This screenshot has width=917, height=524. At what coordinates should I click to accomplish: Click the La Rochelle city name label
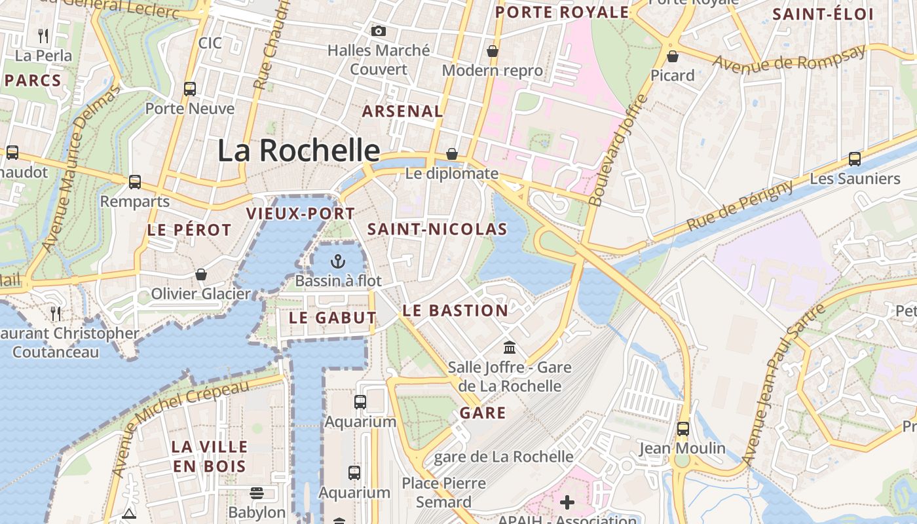299,151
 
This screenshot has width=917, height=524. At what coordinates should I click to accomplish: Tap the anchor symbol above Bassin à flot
338,262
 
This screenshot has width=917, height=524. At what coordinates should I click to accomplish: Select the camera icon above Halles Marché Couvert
378,31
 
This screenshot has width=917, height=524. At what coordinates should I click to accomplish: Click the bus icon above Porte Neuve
190,89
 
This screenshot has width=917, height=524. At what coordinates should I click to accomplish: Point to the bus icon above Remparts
135,182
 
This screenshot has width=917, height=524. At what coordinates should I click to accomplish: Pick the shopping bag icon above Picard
672,56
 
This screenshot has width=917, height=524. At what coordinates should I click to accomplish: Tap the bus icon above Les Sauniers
855,159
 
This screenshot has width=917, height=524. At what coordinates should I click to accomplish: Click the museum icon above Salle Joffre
510,347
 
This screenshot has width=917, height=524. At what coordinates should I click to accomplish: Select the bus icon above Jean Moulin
683,429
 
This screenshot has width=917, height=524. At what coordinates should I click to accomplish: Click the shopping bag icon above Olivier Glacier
201,274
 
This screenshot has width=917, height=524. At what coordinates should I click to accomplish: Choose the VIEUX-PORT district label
300,214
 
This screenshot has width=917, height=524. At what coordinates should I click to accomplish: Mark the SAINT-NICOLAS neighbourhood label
437,229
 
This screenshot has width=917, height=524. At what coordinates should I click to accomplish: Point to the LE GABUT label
333,318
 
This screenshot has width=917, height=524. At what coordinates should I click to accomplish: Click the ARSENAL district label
403,111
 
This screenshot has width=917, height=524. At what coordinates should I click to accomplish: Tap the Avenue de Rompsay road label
789,59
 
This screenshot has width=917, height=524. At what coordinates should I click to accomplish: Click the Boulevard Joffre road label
618,151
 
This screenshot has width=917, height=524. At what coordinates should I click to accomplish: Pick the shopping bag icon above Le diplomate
452,155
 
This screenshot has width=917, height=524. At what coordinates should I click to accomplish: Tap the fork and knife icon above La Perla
43,35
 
